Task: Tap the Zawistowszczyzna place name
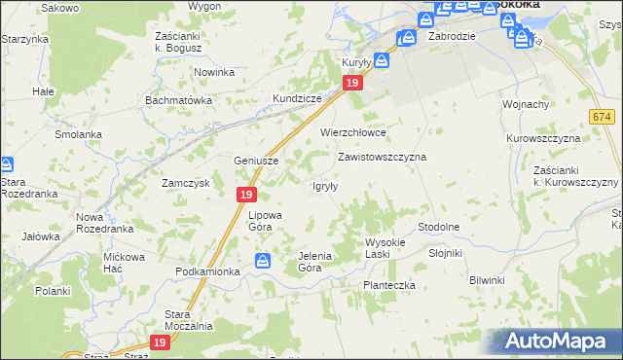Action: coord(382,157)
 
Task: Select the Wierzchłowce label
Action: coord(353,132)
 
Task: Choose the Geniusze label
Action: coord(257,162)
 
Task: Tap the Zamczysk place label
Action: coord(186,183)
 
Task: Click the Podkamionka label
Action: coord(207,271)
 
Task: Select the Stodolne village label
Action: coord(438,227)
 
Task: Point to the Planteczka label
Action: coord(389,285)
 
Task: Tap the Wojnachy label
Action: coord(526,104)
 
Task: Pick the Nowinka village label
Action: coord(214,73)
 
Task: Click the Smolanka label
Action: coord(79,134)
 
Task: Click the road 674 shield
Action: coord(601,117)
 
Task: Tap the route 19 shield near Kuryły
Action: coord(353,85)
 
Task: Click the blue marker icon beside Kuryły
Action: coord(382,59)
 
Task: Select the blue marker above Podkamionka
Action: coord(263,261)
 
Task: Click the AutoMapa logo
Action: coord(556,342)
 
